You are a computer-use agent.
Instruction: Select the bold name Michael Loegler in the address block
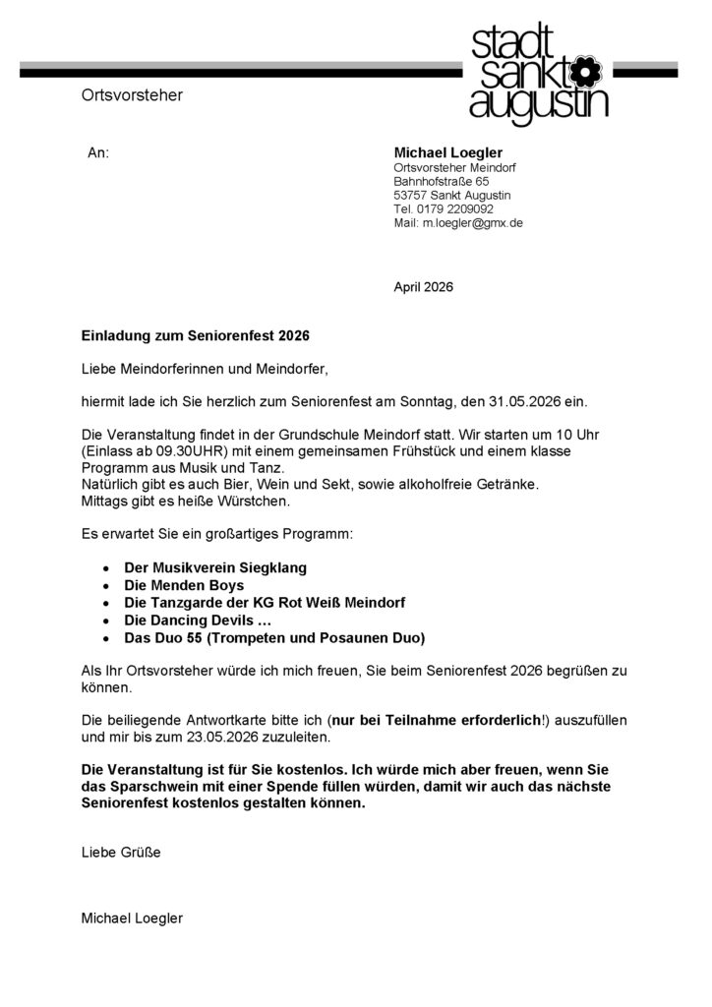point(448,152)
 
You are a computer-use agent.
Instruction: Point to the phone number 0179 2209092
point(454,209)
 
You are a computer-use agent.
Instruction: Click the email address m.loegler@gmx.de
point(472,223)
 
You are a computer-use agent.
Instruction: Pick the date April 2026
point(424,287)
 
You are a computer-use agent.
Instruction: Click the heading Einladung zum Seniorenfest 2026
point(195,335)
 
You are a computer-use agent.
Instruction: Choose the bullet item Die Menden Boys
point(184,585)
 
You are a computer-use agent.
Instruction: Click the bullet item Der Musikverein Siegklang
point(215,568)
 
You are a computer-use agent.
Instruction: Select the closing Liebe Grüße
point(121,853)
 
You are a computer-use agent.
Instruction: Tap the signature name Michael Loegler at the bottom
point(132,918)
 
